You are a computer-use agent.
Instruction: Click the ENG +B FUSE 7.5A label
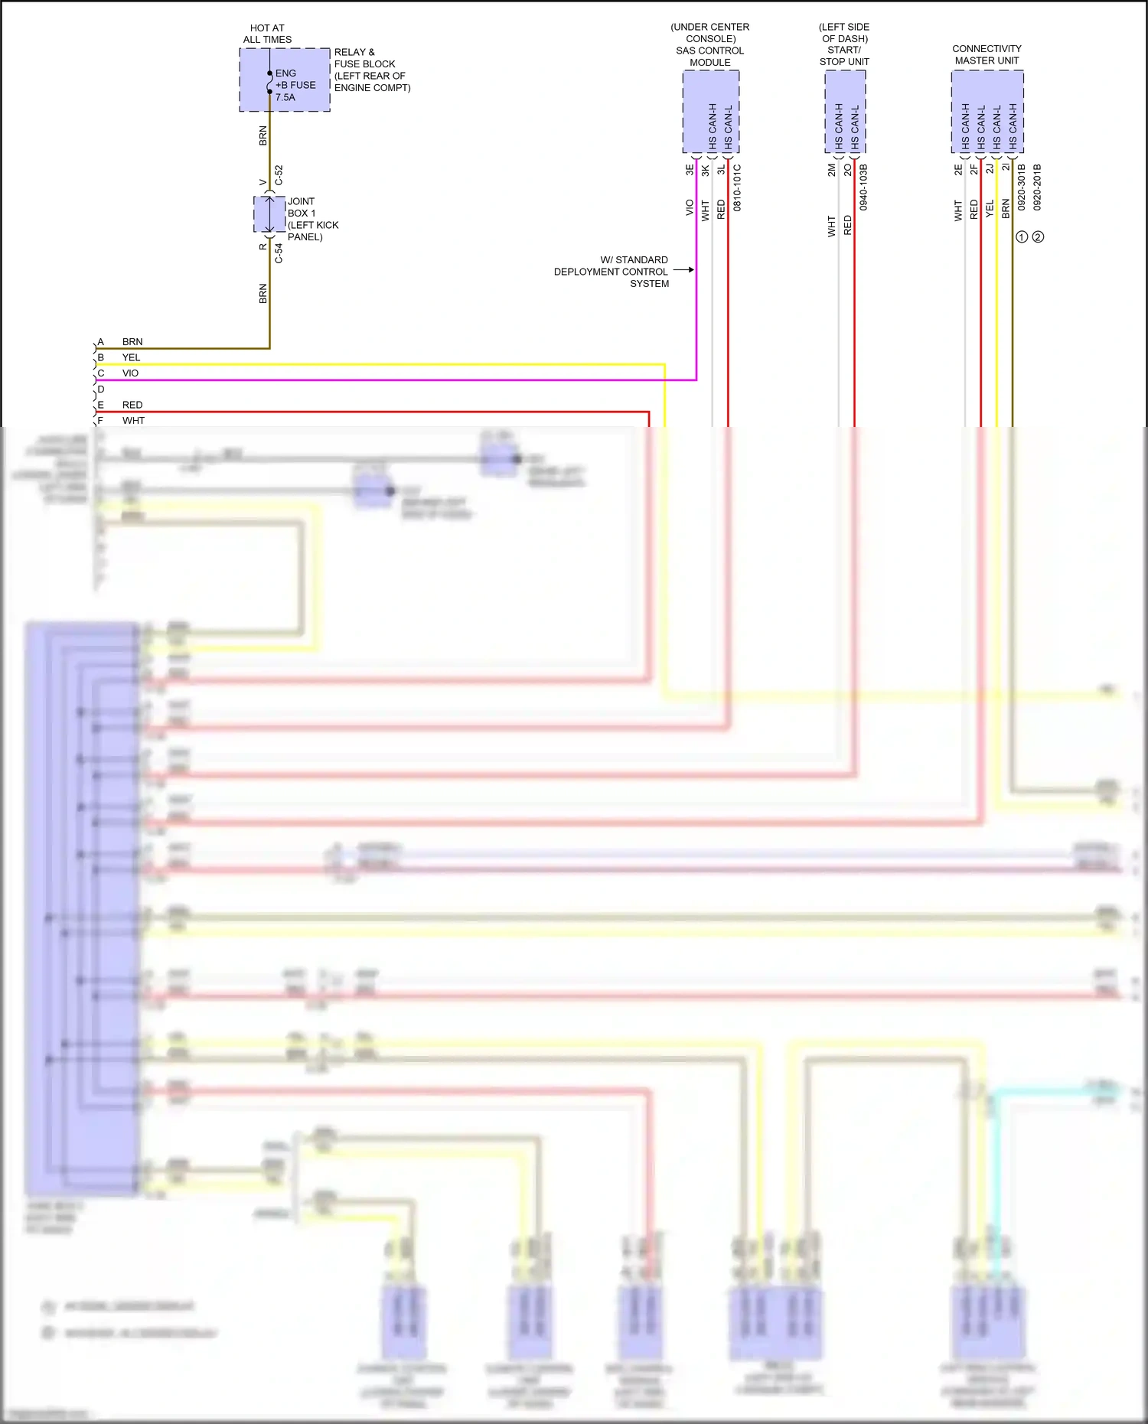pos(295,85)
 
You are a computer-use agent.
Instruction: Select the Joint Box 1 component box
pos(269,214)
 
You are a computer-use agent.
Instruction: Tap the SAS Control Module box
pos(710,112)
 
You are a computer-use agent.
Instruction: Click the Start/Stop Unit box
pos(845,112)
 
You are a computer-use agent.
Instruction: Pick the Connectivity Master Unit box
pos(987,112)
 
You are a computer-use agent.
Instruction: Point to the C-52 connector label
pos(279,174)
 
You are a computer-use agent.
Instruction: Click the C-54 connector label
pos(279,254)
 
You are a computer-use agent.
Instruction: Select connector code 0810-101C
pos(737,187)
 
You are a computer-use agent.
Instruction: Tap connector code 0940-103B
pos(863,187)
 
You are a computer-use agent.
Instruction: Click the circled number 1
pos(1022,237)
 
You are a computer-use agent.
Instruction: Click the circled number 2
pos(1038,237)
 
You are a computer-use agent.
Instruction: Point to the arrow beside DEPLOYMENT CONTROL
pos(683,269)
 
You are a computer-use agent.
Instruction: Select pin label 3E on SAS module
pos(689,170)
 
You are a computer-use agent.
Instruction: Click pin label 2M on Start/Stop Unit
pos(831,170)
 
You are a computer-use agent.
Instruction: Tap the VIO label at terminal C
pos(130,373)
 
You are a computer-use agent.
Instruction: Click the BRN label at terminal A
pos(132,342)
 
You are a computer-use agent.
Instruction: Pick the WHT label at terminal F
pos(133,421)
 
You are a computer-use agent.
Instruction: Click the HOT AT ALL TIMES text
pos(267,34)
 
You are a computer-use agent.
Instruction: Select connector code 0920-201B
pos(1037,187)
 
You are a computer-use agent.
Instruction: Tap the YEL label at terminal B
pos(131,357)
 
